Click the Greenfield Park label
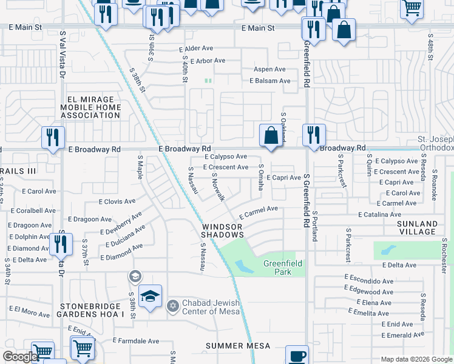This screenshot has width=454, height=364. [277, 268]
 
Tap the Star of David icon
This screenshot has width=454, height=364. [172, 304]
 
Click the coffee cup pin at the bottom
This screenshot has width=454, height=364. [296, 356]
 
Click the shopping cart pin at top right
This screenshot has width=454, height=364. [412, 8]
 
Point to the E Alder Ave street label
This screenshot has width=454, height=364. [196, 49]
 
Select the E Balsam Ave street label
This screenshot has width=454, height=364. [270, 81]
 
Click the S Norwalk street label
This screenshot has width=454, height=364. [219, 187]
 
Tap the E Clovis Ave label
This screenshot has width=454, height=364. [118, 201]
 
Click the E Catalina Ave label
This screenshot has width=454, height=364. [379, 215]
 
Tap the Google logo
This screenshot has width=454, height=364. [21, 357]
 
